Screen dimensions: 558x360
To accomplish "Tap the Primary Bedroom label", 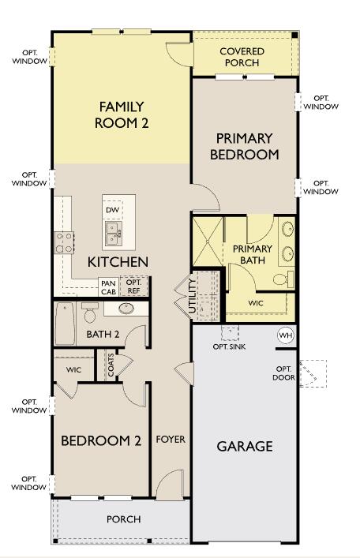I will [x=244, y=146].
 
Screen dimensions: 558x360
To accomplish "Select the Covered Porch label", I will [x=242, y=57].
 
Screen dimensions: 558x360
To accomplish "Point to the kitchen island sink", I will [x=115, y=233].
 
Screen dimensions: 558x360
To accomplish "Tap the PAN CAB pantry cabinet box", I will [x=108, y=286].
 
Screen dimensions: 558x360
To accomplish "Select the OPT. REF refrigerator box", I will [x=133, y=286].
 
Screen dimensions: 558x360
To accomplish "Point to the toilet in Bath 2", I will [x=89, y=315].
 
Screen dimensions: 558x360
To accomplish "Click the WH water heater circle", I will [x=285, y=335].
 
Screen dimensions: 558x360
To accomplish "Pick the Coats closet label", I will [x=111, y=365].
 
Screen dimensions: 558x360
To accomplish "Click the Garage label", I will [x=245, y=446].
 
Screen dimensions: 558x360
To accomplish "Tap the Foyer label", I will [x=170, y=439].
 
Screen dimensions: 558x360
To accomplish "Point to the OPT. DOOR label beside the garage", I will [x=284, y=373].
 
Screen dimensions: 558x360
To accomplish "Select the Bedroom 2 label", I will [x=101, y=440].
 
